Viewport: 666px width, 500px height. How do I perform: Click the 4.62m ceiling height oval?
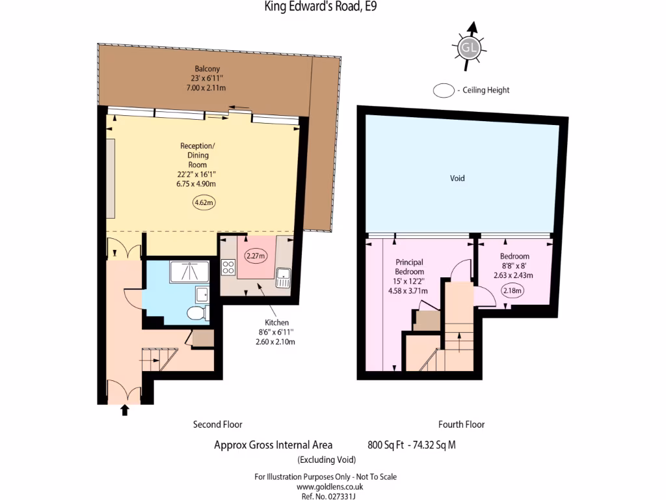(204, 202)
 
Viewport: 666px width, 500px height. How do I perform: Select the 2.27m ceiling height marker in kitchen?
(256, 256)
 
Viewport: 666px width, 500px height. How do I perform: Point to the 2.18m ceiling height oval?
(513, 291)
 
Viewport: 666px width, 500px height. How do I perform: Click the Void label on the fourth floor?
(457, 178)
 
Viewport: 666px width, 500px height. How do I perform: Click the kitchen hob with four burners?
(228, 267)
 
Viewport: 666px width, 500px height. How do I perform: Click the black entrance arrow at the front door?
(124, 410)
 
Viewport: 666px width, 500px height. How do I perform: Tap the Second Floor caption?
(217, 424)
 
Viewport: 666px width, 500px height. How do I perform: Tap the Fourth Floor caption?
(461, 424)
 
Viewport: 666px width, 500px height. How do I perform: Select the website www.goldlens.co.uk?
(330, 486)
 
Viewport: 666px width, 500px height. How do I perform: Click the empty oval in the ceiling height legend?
(444, 90)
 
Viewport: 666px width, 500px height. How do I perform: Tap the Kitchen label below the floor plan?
(277, 322)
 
